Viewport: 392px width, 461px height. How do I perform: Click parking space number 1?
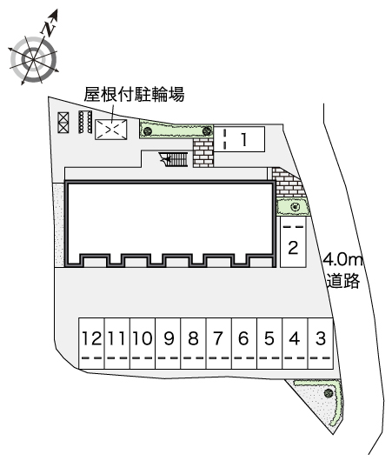[x=239, y=139]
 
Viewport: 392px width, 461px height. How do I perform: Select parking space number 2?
[x=293, y=242]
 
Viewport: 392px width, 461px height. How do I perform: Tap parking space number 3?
[x=321, y=343]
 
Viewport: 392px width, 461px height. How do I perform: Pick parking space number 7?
[x=219, y=343]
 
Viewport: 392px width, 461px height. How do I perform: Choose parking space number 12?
[x=91, y=343]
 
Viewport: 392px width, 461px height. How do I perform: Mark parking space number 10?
[x=143, y=343]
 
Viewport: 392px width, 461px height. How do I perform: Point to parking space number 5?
[x=269, y=343]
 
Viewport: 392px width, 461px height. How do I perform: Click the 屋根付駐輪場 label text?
[x=134, y=95]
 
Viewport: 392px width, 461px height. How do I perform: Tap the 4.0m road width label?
[x=343, y=259]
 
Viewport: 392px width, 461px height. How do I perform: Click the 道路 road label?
[x=343, y=280]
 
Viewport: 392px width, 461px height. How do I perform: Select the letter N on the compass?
[x=49, y=29]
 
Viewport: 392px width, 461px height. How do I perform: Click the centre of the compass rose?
[x=33, y=59]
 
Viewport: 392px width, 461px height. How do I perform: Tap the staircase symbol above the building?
[x=173, y=159]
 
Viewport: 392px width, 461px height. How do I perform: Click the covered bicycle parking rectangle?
[x=111, y=130]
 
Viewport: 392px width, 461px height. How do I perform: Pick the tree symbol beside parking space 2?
[x=295, y=207]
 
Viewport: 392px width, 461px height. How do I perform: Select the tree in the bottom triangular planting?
[x=329, y=392]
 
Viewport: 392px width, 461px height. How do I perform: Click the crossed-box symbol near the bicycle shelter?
[x=63, y=123]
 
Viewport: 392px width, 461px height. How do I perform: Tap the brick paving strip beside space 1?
[x=203, y=152]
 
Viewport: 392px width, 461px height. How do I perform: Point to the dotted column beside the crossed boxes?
[x=85, y=122]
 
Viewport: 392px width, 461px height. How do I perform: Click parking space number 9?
[x=168, y=343]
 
